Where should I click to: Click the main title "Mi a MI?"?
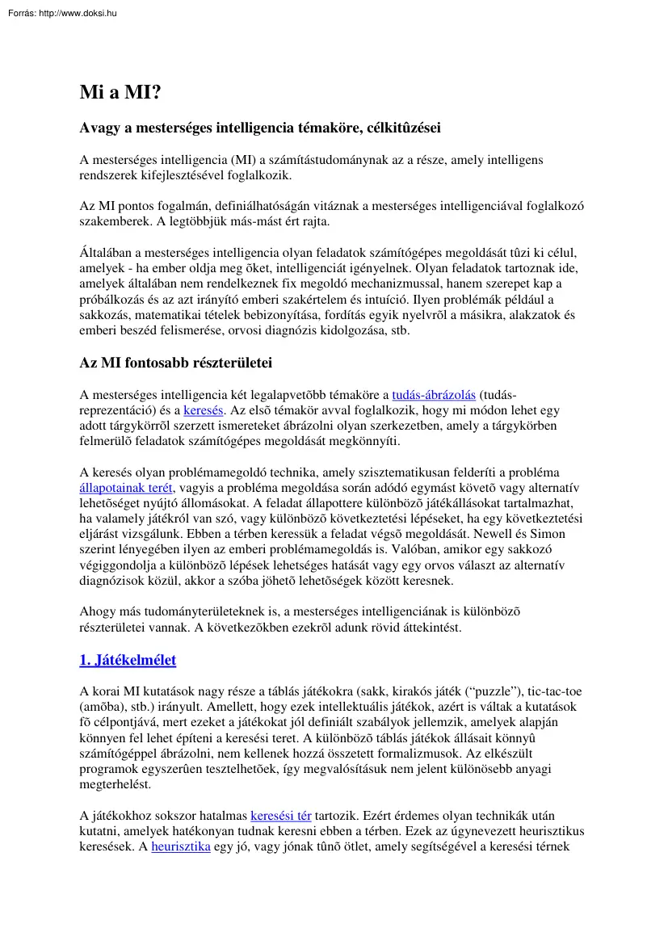click(120, 93)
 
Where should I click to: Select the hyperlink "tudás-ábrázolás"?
click(434, 395)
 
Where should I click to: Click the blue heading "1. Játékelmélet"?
click(128, 661)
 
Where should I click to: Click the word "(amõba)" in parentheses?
click(103, 707)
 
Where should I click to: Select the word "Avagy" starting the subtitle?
click(100, 128)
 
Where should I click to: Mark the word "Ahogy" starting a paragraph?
click(98, 611)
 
